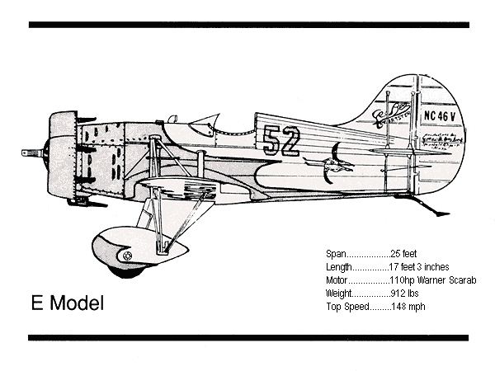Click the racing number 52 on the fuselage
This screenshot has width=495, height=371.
(x=283, y=141)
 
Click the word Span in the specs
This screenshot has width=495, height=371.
(x=337, y=254)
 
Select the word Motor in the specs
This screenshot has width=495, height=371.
(x=339, y=280)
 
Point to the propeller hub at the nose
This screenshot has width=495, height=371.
(x=35, y=153)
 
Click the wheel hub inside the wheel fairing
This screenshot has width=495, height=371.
(x=126, y=256)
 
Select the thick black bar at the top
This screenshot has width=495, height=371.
(x=248, y=25)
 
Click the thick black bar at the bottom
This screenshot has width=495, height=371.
(x=248, y=337)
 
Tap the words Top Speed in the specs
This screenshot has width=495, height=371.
(x=346, y=307)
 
